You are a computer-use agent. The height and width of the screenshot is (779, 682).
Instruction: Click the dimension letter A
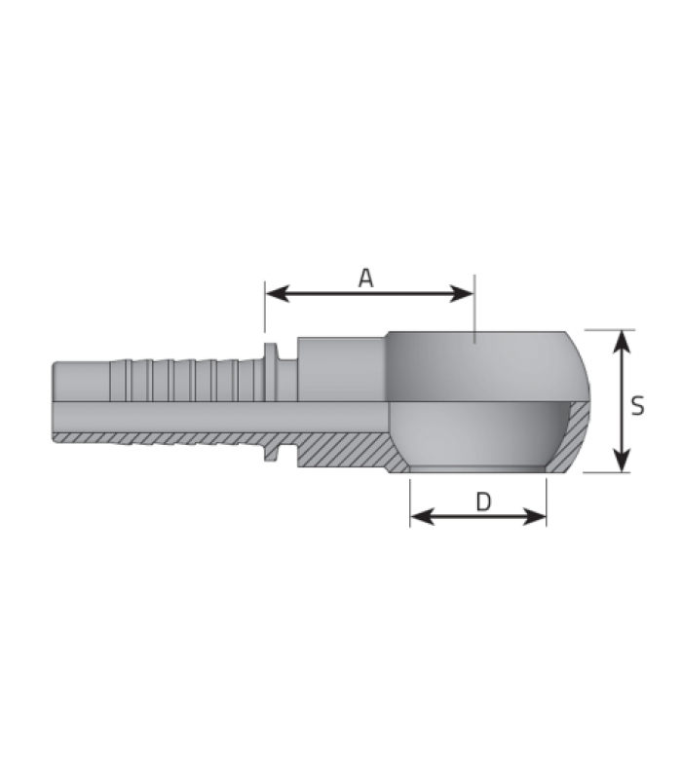[366, 278]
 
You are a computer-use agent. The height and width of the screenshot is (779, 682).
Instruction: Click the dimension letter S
[638, 405]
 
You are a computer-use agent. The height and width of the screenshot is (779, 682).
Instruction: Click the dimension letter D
[483, 501]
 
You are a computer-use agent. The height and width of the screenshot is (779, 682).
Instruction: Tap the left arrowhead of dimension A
[278, 294]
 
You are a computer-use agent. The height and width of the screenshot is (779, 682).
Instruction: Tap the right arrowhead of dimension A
[462, 294]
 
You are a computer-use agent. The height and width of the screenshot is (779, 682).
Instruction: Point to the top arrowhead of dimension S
[622, 342]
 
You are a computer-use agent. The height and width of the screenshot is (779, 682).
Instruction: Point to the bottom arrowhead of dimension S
[622, 460]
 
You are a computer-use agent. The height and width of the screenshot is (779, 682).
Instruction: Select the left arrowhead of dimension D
[423, 517]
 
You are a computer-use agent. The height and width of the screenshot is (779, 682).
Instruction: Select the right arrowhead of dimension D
[534, 517]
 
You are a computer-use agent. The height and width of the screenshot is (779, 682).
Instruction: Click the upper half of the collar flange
[270, 372]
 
